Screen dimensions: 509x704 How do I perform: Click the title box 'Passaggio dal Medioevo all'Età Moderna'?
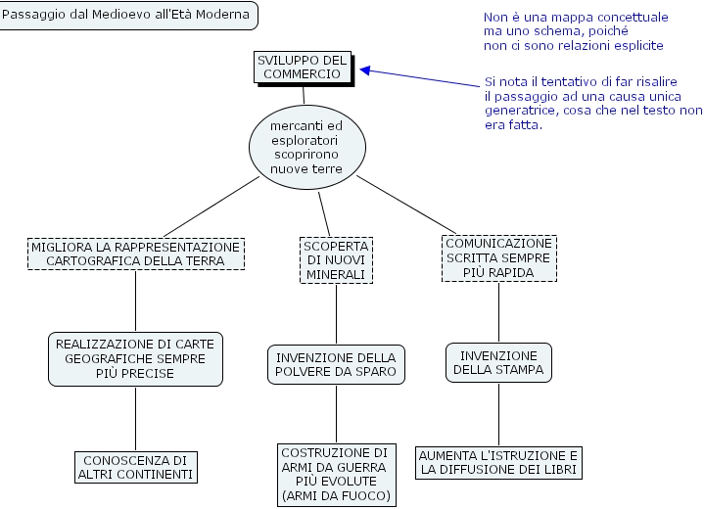(x=128, y=15)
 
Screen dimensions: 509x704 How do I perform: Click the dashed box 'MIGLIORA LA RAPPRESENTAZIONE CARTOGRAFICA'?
(x=135, y=254)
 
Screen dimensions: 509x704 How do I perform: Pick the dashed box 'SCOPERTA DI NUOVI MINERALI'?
(x=336, y=260)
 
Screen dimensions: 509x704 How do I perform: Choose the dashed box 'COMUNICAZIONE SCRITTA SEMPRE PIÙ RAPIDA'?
(x=499, y=258)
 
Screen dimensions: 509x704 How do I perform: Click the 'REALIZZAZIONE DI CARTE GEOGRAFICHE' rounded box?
(x=135, y=358)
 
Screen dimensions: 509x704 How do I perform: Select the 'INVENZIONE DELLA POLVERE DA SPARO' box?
(x=336, y=364)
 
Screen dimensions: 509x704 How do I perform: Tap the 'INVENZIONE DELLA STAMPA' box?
(x=499, y=362)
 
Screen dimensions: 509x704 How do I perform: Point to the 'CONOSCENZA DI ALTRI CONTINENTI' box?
(x=135, y=467)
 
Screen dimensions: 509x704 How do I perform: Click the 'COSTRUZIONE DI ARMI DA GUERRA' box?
(x=336, y=475)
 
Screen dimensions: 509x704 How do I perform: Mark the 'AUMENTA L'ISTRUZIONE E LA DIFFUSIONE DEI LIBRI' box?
(x=499, y=462)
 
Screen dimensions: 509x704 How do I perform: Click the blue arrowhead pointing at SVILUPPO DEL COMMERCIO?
(x=365, y=69)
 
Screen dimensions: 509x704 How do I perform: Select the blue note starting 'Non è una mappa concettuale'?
(x=576, y=31)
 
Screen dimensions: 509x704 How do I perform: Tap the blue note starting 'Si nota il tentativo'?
(x=593, y=104)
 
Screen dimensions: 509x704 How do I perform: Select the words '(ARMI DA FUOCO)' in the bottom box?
(x=336, y=496)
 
